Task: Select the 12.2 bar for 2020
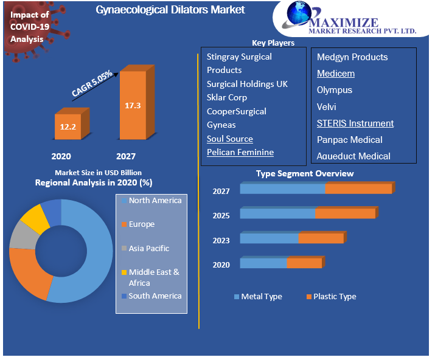click(68, 126)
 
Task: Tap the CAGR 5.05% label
click(92, 83)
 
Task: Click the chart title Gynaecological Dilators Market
click(170, 10)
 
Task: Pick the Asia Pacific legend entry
click(148, 248)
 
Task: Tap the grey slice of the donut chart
click(23, 235)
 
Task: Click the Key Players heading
click(273, 43)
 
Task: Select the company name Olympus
click(334, 90)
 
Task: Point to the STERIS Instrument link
click(355, 123)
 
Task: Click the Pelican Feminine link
click(240, 152)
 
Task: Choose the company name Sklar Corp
click(226, 97)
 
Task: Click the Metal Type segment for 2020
click(263, 263)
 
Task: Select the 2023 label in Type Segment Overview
click(221, 240)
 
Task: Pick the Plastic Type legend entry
click(332, 297)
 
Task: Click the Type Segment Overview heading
click(304, 174)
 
